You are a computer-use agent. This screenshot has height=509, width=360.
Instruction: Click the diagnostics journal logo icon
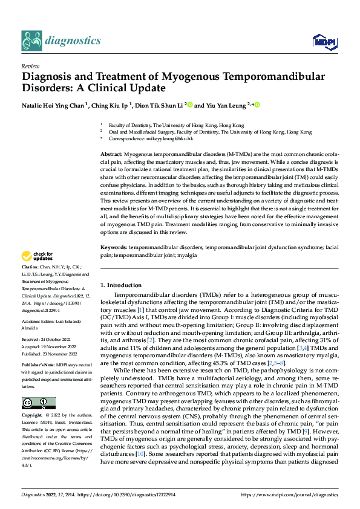coord(31,40)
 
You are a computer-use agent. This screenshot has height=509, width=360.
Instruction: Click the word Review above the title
coord(30,66)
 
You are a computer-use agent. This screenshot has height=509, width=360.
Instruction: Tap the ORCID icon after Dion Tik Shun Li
coord(190,105)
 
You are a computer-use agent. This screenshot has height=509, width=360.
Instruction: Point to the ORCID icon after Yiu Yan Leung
coord(257,105)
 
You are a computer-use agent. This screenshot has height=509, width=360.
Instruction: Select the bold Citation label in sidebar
coord(32,266)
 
